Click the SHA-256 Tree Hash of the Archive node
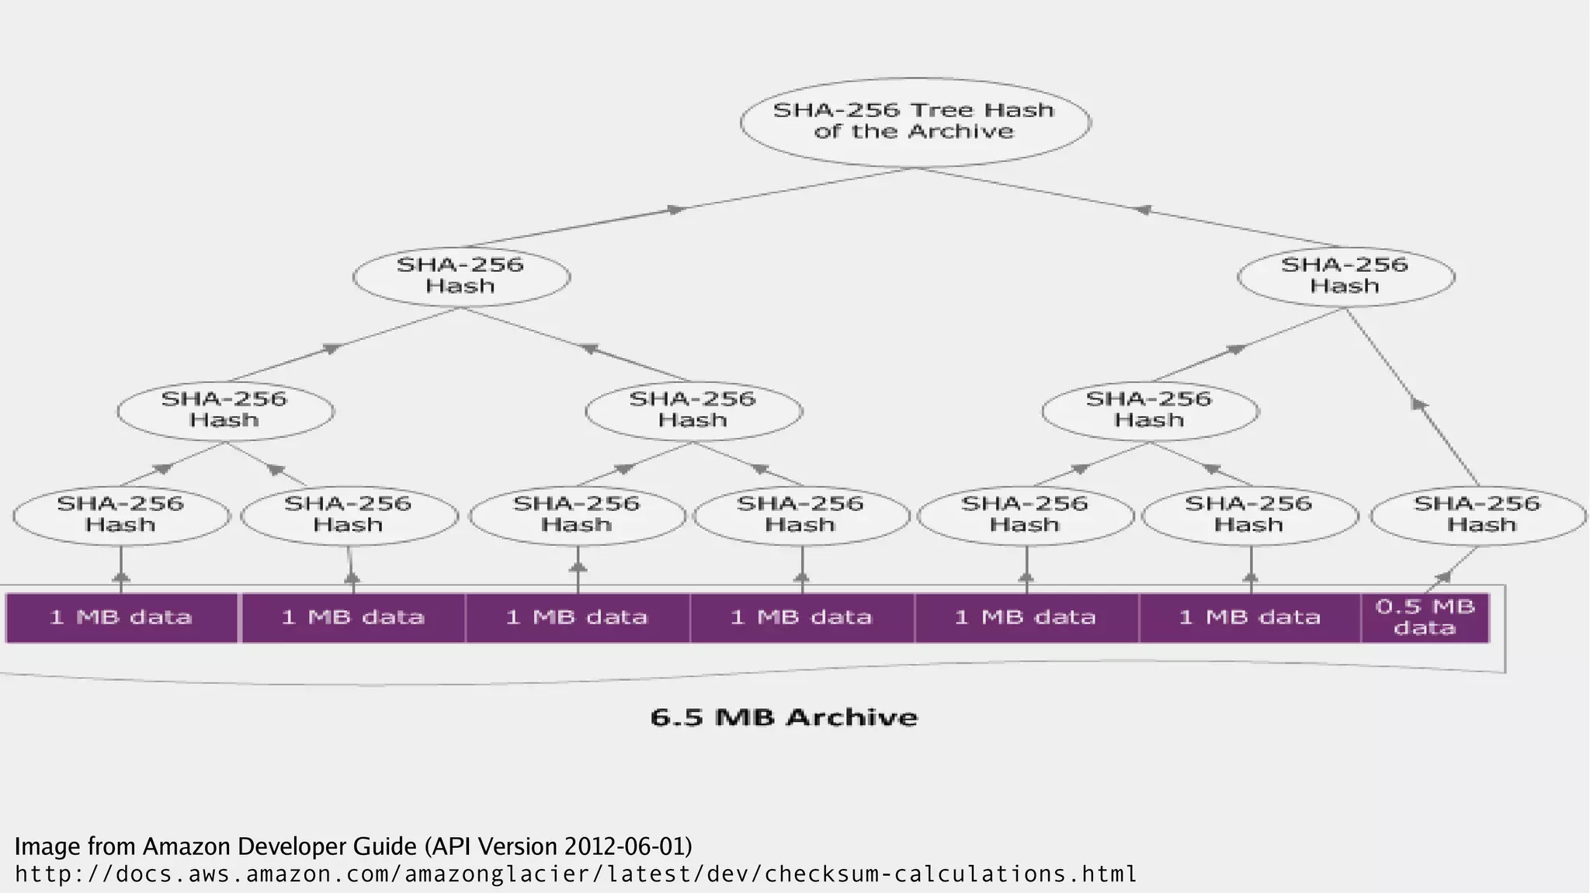[915, 122]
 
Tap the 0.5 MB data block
[1425, 617]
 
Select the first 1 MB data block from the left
[121, 617]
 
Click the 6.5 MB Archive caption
[783, 717]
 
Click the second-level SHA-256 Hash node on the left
[461, 276]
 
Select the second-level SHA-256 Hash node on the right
[1345, 276]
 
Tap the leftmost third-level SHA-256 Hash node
[225, 410]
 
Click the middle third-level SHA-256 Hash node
[693, 410]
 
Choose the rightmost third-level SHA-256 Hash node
[1149, 410]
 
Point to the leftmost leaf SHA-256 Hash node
[121, 515]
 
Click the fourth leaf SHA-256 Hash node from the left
[800, 515]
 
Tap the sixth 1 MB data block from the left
[1249, 617]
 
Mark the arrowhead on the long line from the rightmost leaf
[1418, 404]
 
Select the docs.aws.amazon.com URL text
[575, 874]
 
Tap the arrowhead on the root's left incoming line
[676, 210]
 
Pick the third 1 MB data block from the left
[577, 617]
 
